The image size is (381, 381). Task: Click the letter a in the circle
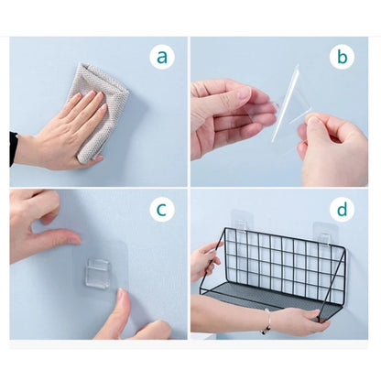pyautogui.click(x=162, y=57)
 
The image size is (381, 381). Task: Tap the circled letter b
pyautogui.click(x=343, y=57)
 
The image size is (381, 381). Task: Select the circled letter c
pyautogui.click(x=162, y=209)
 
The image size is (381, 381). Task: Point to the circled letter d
pyautogui.click(x=343, y=209)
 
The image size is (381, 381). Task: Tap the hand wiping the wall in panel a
pyautogui.click(x=64, y=135)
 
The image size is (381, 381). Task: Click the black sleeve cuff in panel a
pyautogui.click(x=13, y=149)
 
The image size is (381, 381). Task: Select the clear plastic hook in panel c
pyautogui.click(x=97, y=273)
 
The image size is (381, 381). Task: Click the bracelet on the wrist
pyautogui.click(x=266, y=321)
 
